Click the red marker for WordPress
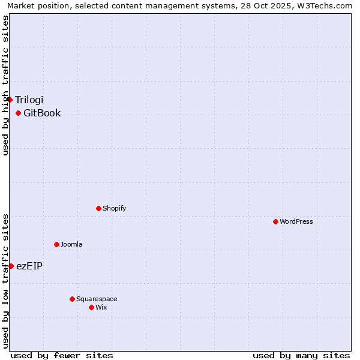pyautogui.click(x=275, y=221)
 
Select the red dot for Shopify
pyautogui.click(x=98, y=208)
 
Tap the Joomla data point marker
pyautogui.click(x=56, y=244)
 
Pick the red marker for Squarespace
pyautogui.click(x=72, y=299)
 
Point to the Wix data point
pyautogui.click(x=91, y=307)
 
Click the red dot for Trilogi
pyautogui.click(x=10, y=100)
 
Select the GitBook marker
pyautogui.click(x=18, y=113)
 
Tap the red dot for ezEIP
pyautogui.click(x=11, y=266)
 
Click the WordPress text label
pyautogui.click(x=296, y=221)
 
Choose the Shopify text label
pyautogui.click(x=114, y=208)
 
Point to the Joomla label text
pyautogui.click(x=71, y=244)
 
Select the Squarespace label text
pyautogui.click(x=97, y=299)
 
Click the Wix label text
pyautogui.click(x=101, y=307)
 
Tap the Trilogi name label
pyautogui.click(x=29, y=100)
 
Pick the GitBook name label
pyautogui.click(x=42, y=113)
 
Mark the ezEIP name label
pyautogui.click(x=29, y=266)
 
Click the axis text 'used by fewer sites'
pyautogui.click(x=62, y=355)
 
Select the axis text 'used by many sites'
pyautogui.click(x=301, y=355)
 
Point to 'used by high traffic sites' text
pyautogui.click(x=5, y=85)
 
